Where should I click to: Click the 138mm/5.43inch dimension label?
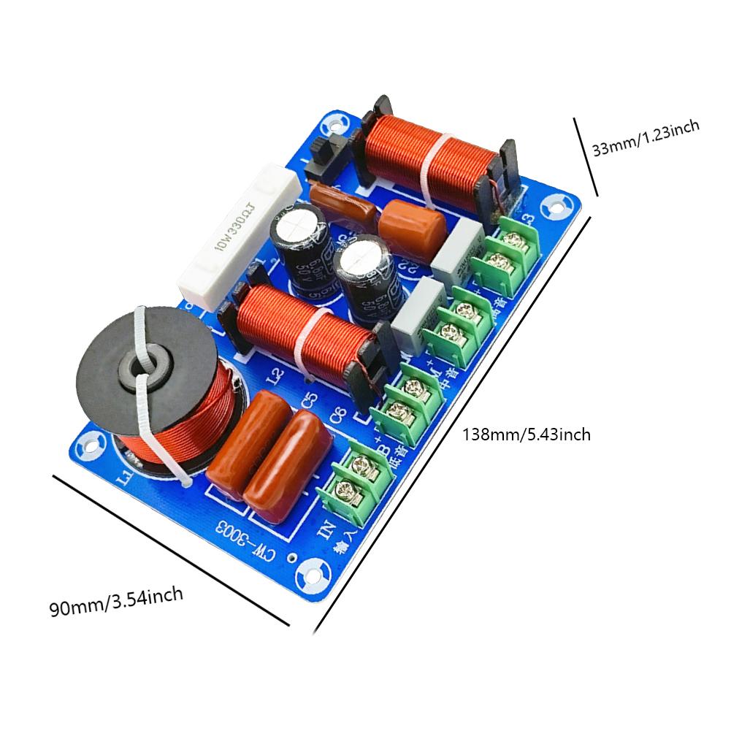point(527,435)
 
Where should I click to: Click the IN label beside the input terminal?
point(326,527)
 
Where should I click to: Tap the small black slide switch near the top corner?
point(319,156)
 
